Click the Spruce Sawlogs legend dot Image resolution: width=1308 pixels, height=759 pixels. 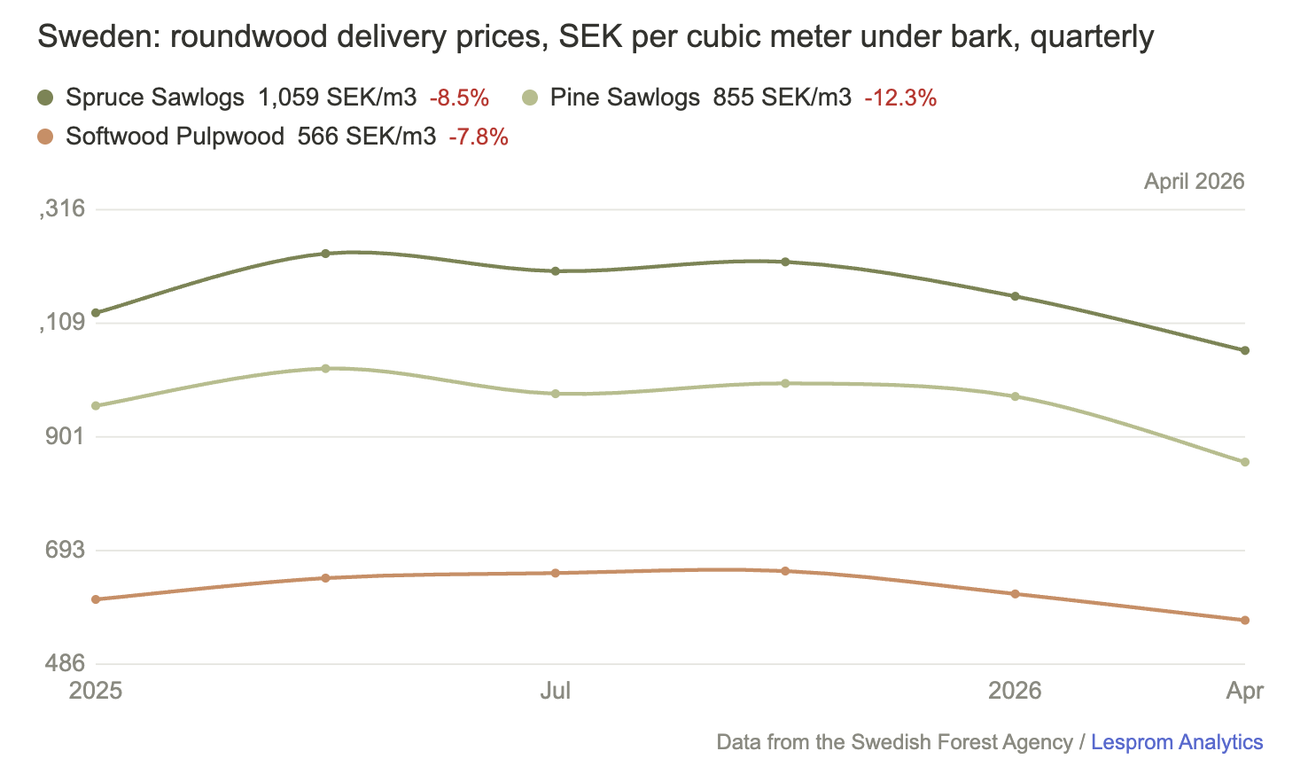(45, 98)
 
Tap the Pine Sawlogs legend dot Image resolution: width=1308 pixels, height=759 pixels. (530, 98)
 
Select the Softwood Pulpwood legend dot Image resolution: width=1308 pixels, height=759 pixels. (45, 137)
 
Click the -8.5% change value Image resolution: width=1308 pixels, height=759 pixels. (459, 98)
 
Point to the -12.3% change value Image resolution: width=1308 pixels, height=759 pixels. (900, 98)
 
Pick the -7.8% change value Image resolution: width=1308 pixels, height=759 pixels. (479, 137)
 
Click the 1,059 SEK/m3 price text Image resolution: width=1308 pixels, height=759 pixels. (337, 98)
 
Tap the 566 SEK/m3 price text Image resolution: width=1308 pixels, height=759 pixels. (367, 137)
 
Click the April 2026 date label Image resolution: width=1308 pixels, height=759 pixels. (1195, 181)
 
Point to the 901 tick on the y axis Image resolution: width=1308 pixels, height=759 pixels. (65, 436)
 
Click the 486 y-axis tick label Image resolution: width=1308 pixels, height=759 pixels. (65, 663)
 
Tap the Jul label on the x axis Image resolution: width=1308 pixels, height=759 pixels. (556, 691)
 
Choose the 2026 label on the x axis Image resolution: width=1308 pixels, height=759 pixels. (1015, 691)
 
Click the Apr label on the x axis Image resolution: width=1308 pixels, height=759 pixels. (1245, 692)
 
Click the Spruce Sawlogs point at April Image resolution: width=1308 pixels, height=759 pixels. (1245, 350)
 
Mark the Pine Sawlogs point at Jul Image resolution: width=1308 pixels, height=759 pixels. (556, 394)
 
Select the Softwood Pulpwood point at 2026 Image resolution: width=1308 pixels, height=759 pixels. (1015, 594)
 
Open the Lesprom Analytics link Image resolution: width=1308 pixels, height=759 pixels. (1177, 742)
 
